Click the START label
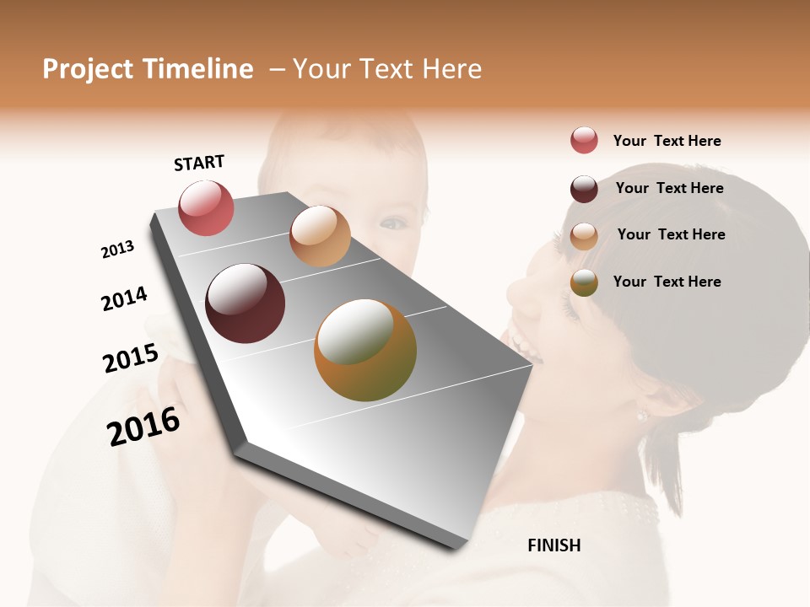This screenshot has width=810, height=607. point(199,162)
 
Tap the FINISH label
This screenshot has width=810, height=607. point(553,545)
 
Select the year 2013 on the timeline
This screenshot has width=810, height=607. point(117,250)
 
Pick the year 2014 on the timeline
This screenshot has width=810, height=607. point(124,298)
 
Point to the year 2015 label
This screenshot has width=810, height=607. point(131,357)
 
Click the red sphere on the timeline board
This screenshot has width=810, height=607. point(206,207)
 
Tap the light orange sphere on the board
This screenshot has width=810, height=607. point(320,235)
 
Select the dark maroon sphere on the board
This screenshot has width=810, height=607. point(245,303)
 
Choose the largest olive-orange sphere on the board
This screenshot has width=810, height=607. point(365,350)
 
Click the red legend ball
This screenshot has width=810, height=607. point(584,141)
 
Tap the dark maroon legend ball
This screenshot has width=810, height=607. point(584,189)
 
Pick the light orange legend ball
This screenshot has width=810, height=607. point(584,236)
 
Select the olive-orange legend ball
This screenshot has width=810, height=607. point(584,282)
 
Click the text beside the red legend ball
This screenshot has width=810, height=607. point(667,142)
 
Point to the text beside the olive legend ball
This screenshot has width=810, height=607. point(667,282)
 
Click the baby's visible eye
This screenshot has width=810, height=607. point(392,223)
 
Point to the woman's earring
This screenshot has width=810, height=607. point(641,416)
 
